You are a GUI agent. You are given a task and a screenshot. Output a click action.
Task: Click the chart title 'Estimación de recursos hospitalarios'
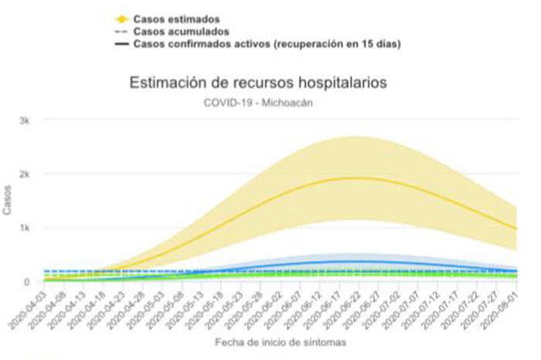(258, 82)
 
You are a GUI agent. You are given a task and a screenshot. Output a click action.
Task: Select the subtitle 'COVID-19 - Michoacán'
(258, 101)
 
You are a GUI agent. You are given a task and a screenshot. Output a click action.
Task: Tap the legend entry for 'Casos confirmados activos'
(265, 44)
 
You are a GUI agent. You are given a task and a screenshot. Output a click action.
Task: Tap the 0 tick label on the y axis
(28, 281)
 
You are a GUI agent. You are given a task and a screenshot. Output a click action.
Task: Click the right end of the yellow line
(515, 228)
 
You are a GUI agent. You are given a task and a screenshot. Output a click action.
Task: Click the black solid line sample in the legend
(119, 44)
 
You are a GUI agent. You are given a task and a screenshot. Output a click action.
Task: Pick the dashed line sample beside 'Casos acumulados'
(119, 31)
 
